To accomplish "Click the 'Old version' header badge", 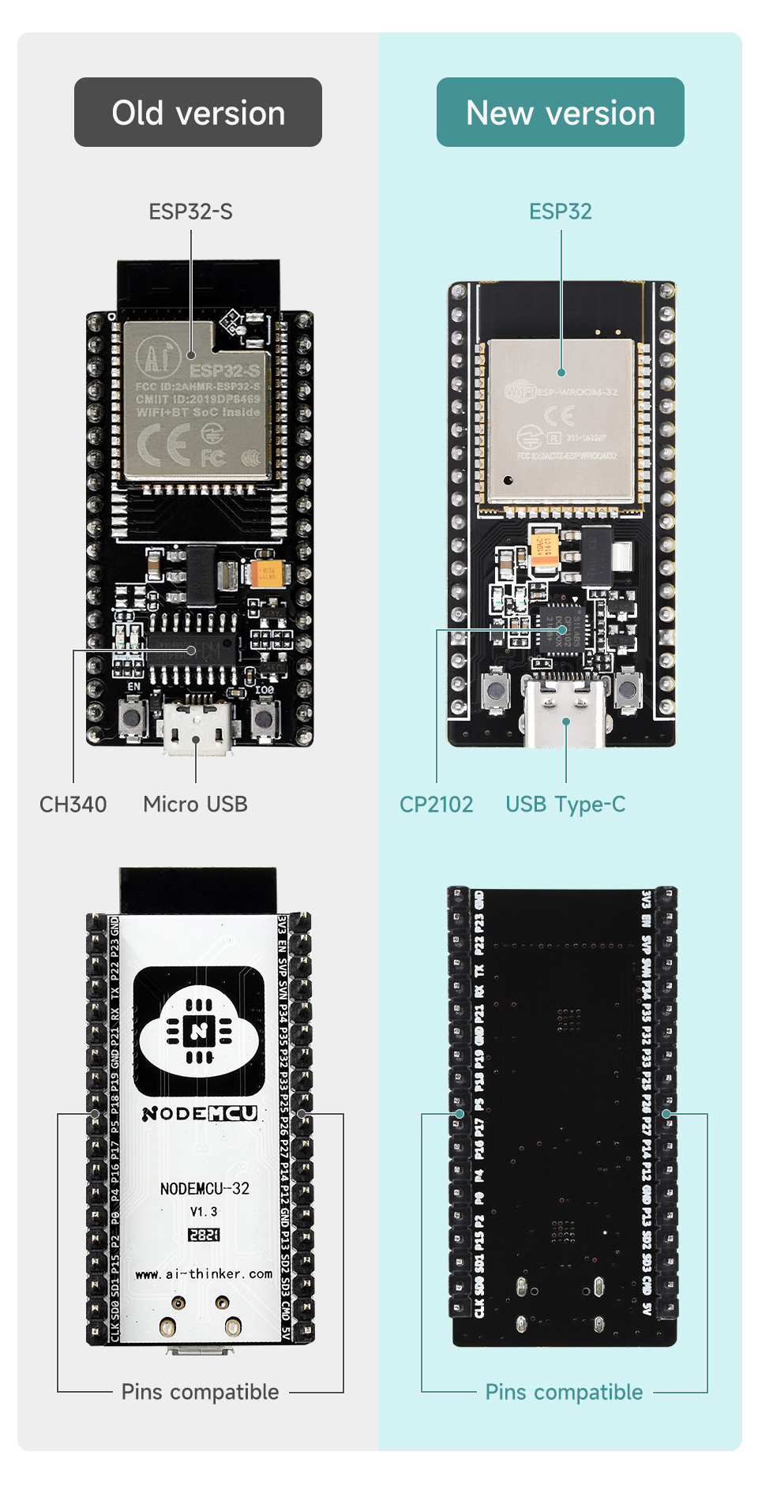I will click(198, 112).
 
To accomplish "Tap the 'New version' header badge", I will click(560, 112).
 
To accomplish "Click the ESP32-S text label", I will click(190, 212).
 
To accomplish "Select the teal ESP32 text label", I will click(560, 212).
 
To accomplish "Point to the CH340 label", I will click(73, 804).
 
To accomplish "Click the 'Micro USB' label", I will click(195, 804).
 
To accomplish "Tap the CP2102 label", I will click(436, 804).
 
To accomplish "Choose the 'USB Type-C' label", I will click(565, 804).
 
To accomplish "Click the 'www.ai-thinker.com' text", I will click(204, 1273).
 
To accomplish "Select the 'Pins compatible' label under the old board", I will click(200, 1392).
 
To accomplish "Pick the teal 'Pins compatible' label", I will click(564, 1392).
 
